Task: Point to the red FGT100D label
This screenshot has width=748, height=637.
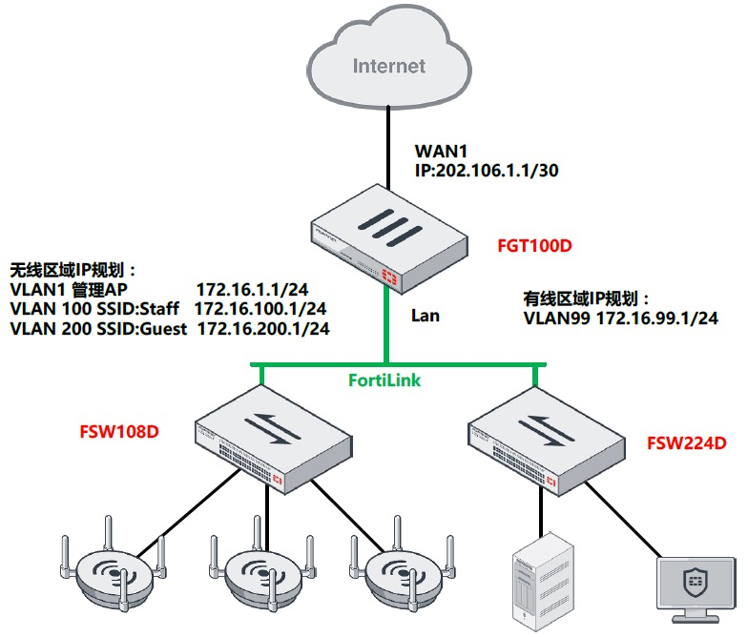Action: click(x=534, y=246)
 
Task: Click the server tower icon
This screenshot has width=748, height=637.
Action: click(x=541, y=582)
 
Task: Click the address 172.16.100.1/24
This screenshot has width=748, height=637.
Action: click(x=260, y=309)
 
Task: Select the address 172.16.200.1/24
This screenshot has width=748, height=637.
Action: click(x=263, y=329)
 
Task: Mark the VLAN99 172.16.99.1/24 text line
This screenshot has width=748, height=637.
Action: click(x=620, y=318)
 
